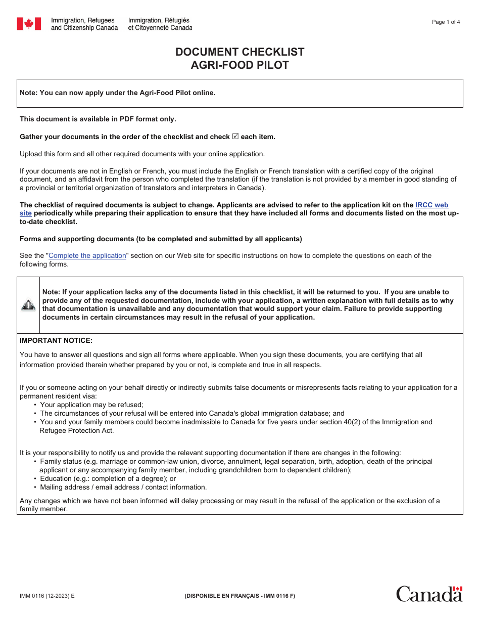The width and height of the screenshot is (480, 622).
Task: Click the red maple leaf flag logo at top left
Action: tap(29, 24)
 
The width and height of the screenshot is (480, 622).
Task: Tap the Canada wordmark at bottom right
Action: tap(429, 594)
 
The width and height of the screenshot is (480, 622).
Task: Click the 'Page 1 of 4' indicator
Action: tap(446, 22)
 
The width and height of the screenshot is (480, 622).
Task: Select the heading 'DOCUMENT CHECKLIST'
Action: tap(240, 52)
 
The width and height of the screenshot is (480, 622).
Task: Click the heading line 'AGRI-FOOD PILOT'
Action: tap(240, 65)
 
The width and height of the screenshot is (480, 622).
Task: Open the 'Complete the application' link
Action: tap(87, 256)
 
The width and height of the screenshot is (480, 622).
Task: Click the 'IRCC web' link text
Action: tap(431, 205)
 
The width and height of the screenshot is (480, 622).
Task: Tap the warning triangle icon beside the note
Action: tap(28, 305)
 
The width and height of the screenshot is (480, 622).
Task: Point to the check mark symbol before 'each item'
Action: tap(235, 137)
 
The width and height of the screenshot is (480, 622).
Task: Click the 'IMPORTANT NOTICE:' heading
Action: tap(56, 341)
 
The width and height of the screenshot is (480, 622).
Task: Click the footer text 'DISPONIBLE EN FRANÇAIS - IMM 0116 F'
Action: tap(240, 596)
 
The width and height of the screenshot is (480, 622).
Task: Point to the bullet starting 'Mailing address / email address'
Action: tap(123, 487)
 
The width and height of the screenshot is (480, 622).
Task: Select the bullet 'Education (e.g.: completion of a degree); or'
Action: tap(108, 478)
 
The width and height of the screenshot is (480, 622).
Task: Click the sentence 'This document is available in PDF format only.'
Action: tap(98, 119)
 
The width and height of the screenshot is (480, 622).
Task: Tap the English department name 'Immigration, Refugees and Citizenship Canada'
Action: tap(84, 24)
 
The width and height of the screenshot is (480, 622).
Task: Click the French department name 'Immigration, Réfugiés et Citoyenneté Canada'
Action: tap(160, 24)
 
